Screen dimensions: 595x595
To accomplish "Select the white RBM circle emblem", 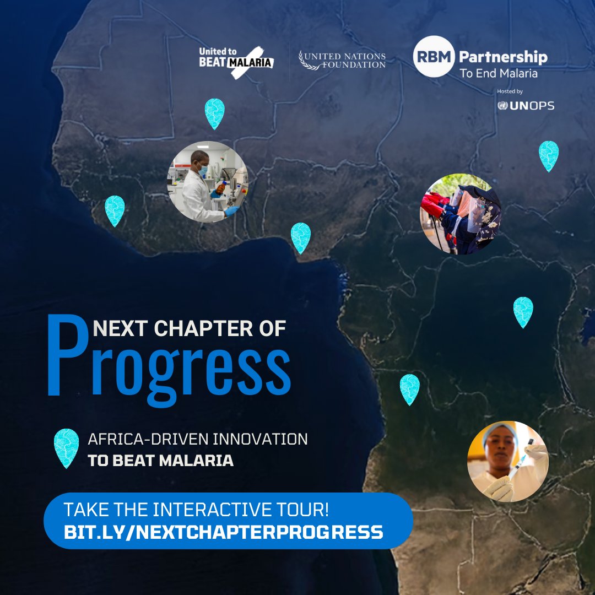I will pyautogui.click(x=434, y=56).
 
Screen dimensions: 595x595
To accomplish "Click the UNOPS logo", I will pyautogui.click(x=526, y=106).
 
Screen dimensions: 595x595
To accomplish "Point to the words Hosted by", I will pyautogui.click(x=510, y=91).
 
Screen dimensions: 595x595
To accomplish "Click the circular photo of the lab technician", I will pyautogui.click(x=208, y=182).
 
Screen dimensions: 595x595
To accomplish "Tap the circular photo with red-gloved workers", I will pyautogui.click(x=461, y=214).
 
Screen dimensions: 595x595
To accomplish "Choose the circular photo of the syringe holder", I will pyautogui.click(x=508, y=461).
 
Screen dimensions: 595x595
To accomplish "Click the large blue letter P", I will pyautogui.click(x=67, y=355).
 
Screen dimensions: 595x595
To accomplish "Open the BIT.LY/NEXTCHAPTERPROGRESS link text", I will pyautogui.click(x=224, y=532).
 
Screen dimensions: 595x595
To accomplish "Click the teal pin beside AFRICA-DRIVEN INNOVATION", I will pyautogui.click(x=66, y=447).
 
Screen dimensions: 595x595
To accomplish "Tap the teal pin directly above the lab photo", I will pyautogui.click(x=214, y=113).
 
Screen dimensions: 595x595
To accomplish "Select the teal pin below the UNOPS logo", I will pyautogui.click(x=548, y=155).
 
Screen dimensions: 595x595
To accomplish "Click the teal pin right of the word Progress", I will pyautogui.click(x=409, y=388).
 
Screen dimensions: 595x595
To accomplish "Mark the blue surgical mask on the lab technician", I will pyautogui.click(x=203, y=171).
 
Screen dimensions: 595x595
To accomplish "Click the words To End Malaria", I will pyautogui.click(x=499, y=73).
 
